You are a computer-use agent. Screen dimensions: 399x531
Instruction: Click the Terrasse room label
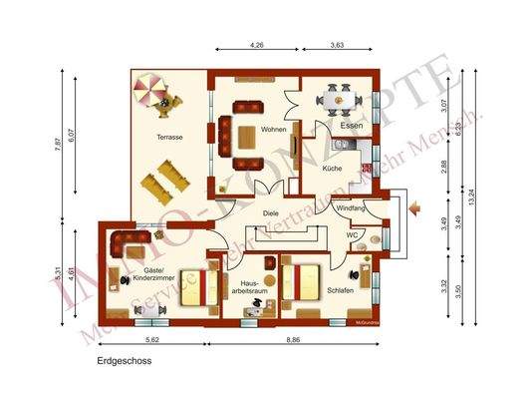[x=166, y=140]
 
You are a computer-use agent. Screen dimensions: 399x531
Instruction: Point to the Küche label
[x=333, y=170]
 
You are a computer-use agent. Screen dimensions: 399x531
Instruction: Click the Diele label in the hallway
[x=271, y=212]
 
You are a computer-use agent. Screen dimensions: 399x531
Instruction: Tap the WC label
[x=352, y=235]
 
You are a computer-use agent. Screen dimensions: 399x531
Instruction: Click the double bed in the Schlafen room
[x=301, y=281]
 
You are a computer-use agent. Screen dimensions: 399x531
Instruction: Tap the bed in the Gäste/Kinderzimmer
[x=204, y=287]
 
